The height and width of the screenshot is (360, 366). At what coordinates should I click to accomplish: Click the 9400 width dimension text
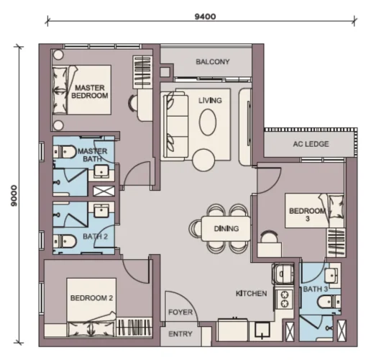click(205, 17)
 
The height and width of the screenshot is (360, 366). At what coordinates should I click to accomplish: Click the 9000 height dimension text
click(14, 196)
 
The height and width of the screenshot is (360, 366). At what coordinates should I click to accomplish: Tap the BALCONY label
click(213, 62)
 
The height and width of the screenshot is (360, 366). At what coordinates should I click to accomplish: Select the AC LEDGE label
click(311, 144)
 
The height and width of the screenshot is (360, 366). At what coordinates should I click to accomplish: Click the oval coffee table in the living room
click(208, 122)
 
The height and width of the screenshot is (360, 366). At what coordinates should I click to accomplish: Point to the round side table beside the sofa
click(203, 160)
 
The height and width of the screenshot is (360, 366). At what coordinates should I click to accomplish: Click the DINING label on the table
click(227, 228)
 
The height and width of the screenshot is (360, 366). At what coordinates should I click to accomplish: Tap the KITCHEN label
click(251, 293)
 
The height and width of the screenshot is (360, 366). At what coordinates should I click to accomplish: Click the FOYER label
click(180, 312)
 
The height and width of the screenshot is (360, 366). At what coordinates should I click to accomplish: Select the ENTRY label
click(180, 334)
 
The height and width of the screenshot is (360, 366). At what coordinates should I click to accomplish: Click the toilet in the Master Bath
click(64, 152)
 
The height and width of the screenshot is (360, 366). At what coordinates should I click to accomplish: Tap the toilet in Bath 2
click(64, 240)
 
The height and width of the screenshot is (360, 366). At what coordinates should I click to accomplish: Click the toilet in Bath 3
click(329, 302)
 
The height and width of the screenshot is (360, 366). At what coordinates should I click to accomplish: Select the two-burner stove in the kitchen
click(284, 299)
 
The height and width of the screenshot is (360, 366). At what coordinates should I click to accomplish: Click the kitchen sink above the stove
click(283, 274)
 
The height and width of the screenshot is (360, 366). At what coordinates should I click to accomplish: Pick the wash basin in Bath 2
click(101, 211)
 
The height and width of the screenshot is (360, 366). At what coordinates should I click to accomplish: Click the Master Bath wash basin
click(101, 171)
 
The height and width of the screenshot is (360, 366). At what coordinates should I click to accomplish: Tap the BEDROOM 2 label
click(91, 298)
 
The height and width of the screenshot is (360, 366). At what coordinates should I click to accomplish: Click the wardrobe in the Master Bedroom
click(143, 72)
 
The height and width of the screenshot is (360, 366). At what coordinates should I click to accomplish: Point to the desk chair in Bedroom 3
click(268, 237)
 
